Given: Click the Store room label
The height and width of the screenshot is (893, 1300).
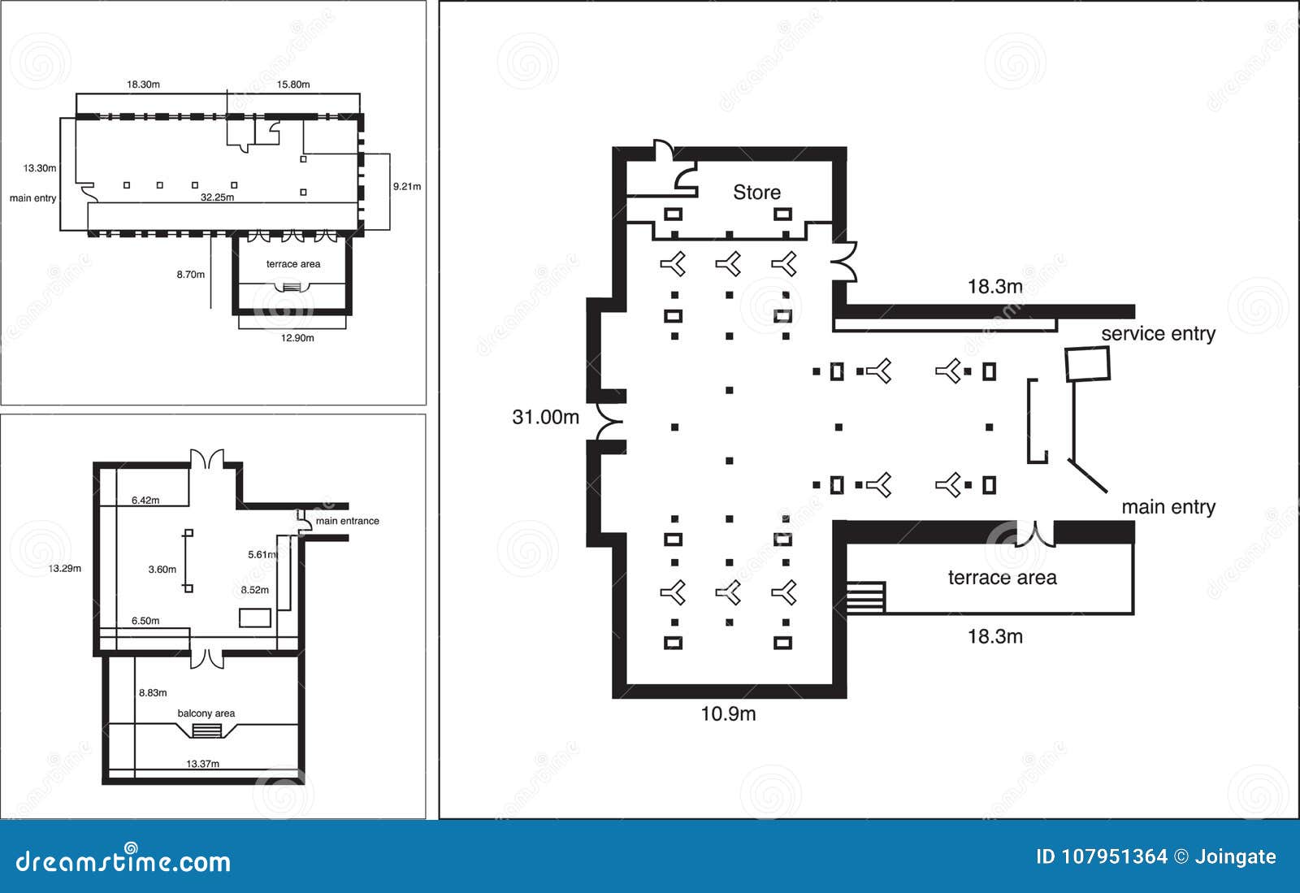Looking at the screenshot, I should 756,193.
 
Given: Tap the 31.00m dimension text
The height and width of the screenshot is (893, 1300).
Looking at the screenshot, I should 545,417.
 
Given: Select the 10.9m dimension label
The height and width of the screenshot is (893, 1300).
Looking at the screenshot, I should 728,713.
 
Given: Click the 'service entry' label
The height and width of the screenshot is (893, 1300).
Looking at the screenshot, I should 1158,333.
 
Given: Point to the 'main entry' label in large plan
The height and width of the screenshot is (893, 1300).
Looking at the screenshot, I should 1168,507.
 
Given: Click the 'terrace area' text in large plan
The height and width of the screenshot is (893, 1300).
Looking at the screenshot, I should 1002,578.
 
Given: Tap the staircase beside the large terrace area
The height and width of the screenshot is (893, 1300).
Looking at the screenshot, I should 864,597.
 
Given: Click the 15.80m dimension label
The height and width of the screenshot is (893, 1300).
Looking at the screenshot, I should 293,85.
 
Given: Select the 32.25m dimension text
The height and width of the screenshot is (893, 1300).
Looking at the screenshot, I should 217,197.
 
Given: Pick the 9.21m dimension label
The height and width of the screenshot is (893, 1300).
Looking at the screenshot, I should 407,187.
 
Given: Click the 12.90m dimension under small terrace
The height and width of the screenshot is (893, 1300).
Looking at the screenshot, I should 297,338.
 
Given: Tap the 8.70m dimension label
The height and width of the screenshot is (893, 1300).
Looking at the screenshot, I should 191,275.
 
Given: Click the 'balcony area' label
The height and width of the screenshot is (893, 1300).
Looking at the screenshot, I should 206,713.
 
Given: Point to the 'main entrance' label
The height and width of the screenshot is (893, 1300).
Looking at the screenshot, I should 347,521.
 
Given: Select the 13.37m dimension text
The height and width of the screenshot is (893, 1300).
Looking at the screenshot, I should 202,764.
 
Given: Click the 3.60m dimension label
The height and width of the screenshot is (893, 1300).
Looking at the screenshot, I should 162,570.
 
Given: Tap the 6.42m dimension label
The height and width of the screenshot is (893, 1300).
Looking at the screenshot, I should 145,501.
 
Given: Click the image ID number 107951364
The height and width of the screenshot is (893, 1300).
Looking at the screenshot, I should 1113,856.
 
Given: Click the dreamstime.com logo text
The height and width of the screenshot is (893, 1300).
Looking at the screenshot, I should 123,861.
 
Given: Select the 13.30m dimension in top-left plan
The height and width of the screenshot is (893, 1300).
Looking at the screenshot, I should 40,169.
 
